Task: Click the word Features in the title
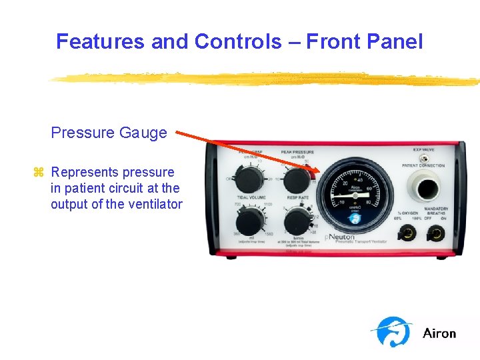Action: (x=101, y=41)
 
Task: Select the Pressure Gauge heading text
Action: (x=109, y=133)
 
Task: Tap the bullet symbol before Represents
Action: (x=38, y=173)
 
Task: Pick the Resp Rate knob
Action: (x=297, y=221)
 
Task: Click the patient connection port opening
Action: (x=425, y=188)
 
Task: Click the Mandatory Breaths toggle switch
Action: (x=437, y=234)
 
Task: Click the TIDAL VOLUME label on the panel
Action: (x=250, y=198)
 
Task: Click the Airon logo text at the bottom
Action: (x=439, y=333)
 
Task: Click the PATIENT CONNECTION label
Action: (x=423, y=165)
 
